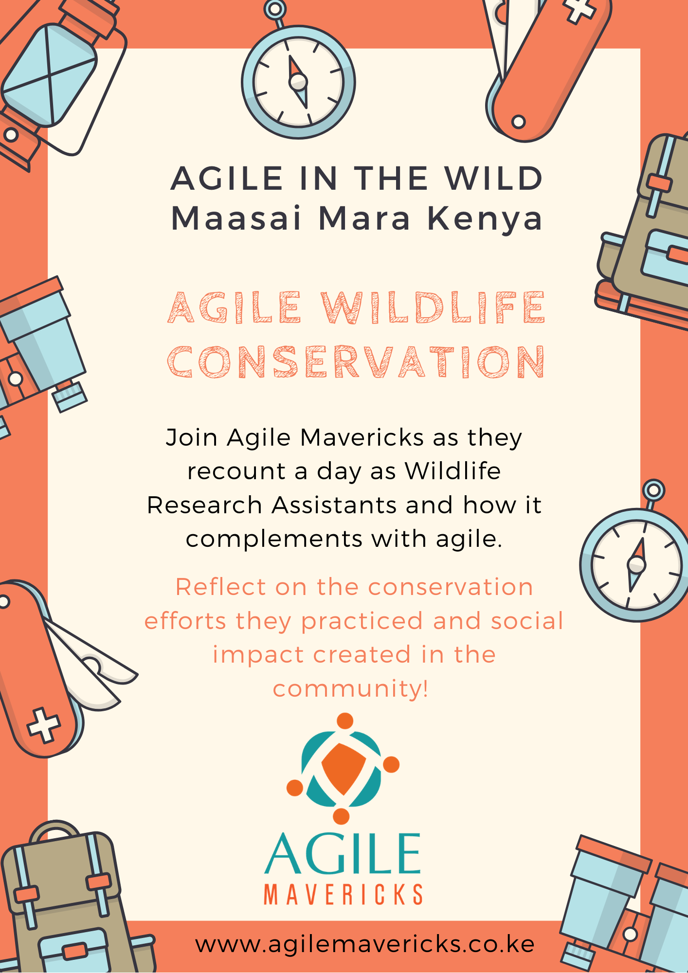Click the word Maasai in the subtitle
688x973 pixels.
[x=236, y=218]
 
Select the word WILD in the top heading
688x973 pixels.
[x=494, y=178]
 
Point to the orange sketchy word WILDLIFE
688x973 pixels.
[x=434, y=307]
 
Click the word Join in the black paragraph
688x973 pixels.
[x=191, y=438]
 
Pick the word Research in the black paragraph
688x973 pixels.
[x=204, y=505]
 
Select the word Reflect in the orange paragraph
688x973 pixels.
[x=220, y=587]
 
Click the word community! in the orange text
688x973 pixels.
[x=351, y=689]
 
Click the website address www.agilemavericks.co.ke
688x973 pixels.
[x=365, y=945]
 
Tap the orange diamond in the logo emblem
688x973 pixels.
[x=344, y=769]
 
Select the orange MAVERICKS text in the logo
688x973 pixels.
[x=343, y=895]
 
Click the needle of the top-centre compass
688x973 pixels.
[x=298, y=82]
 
